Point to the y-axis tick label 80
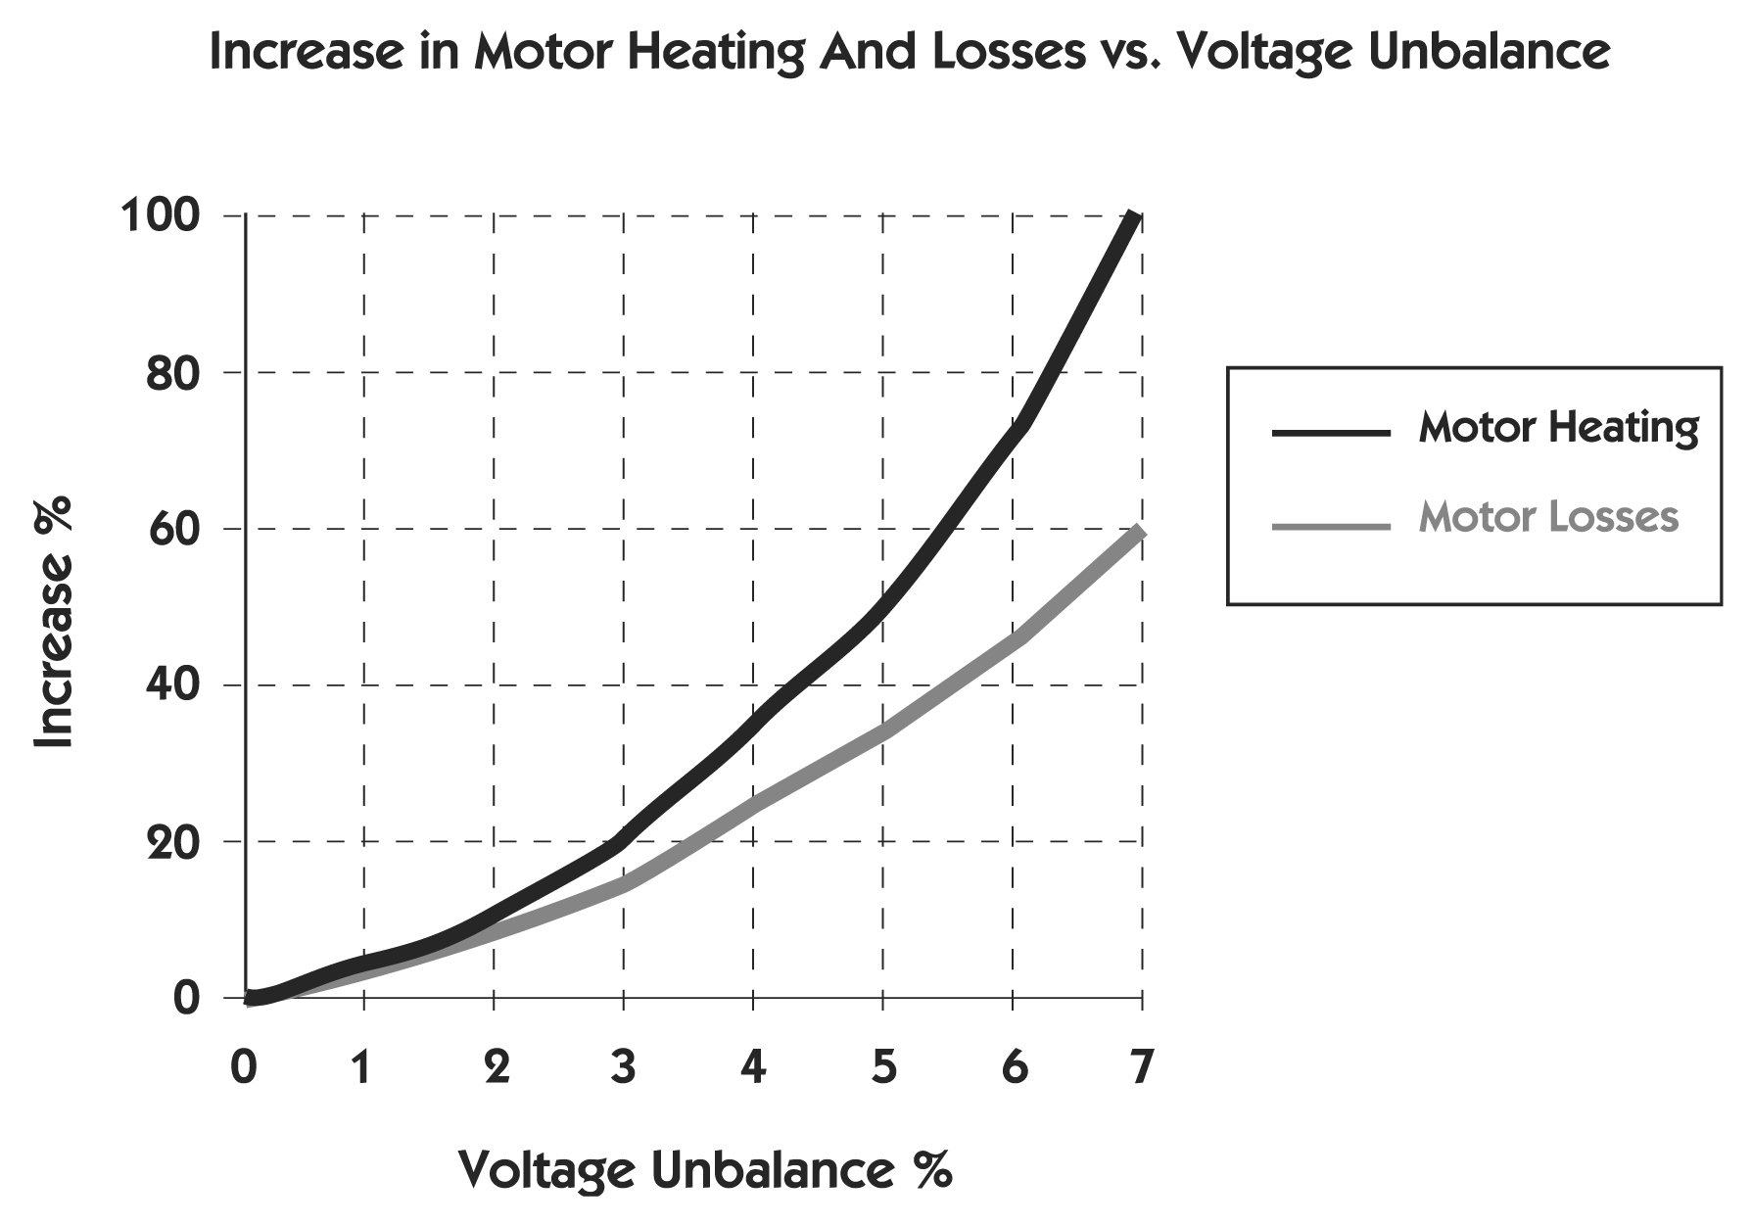pyautogui.click(x=173, y=372)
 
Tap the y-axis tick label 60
pyautogui.click(x=173, y=529)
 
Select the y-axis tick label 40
pyautogui.click(x=173, y=684)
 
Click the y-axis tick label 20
pyautogui.click(x=173, y=841)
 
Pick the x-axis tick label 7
pyautogui.click(x=1141, y=1066)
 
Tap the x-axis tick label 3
pyautogui.click(x=623, y=1066)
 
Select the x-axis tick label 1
pyautogui.click(x=362, y=1066)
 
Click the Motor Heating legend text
pyautogui.click(x=1558, y=428)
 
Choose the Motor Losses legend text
pyautogui.click(x=1548, y=516)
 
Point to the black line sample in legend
pyautogui.click(x=1330, y=432)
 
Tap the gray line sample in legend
pyautogui.click(x=1330, y=527)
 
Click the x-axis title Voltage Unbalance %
pyautogui.click(x=704, y=1169)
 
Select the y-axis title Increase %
pyautogui.click(x=54, y=622)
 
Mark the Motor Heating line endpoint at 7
pyautogui.click(x=1135, y=217)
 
